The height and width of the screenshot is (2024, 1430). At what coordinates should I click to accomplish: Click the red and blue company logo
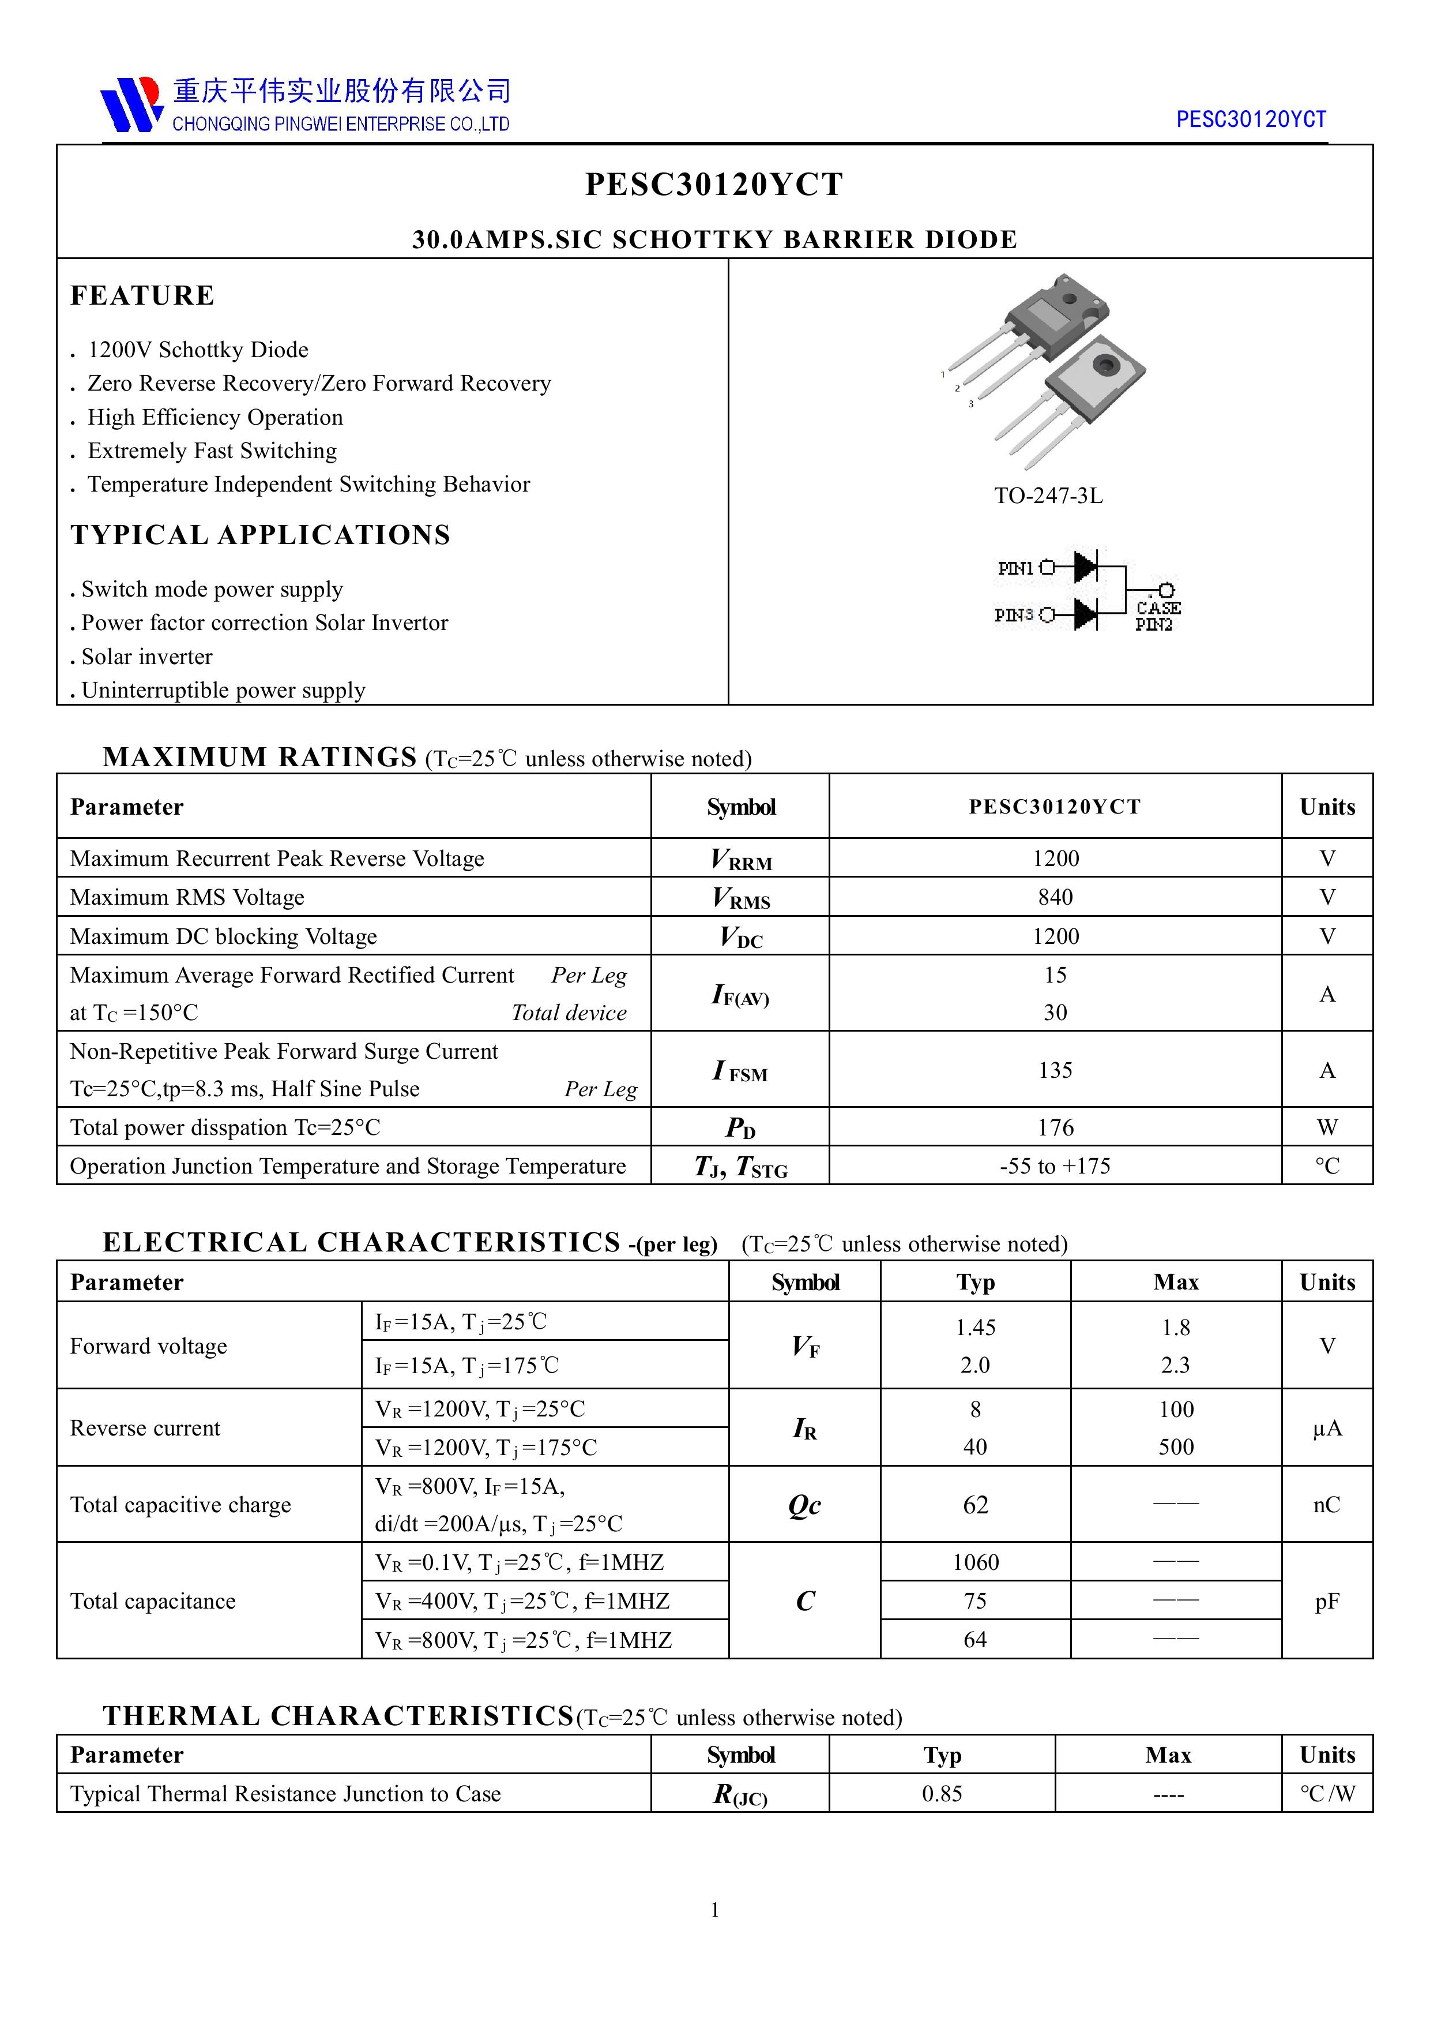[130, 104]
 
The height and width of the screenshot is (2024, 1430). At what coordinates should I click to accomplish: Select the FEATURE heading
[142, 295]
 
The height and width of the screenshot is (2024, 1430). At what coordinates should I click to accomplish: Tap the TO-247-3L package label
[1048, 496]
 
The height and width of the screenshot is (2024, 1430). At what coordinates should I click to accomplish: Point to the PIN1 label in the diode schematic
[1015, 568]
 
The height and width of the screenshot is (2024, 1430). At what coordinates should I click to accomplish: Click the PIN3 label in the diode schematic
[1013, 615]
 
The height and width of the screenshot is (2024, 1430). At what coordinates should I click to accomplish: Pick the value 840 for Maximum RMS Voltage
[1055, 897]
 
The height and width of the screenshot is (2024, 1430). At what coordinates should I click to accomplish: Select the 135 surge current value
[1055, 1070]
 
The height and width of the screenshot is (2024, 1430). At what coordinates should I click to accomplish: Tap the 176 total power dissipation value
[1055, 1127]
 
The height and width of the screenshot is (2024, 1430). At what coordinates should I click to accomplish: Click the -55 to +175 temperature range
[1055, 1166]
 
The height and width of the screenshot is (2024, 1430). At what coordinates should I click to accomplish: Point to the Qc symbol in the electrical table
[804, 1505]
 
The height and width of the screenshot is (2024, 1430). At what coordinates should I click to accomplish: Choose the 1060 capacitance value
[976, 1562]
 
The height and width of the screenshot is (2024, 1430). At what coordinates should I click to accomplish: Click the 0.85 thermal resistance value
[942, 1793]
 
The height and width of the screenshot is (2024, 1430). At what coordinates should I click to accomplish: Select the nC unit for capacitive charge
[1326, 1505]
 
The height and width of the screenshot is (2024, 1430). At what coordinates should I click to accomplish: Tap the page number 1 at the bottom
[714, 1909]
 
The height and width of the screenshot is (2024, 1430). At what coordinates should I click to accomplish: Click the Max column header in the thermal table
[1168, 1755]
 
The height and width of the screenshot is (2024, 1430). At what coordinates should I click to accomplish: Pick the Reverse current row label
[145, 1428]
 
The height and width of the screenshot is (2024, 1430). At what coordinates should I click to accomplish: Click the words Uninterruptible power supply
[223, 690]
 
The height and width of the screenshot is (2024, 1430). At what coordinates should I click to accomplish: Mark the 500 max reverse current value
[1175, 1446]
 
